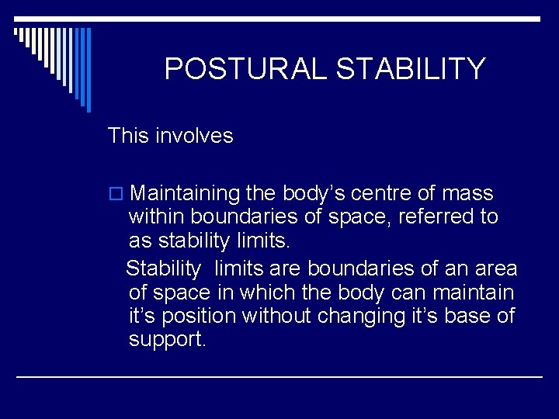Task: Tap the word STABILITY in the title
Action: (x=411, y=70)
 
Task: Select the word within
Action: (x=158, y=216)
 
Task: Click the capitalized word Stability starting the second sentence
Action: (x=163, y=268)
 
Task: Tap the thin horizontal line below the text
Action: (x=279, y=376)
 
